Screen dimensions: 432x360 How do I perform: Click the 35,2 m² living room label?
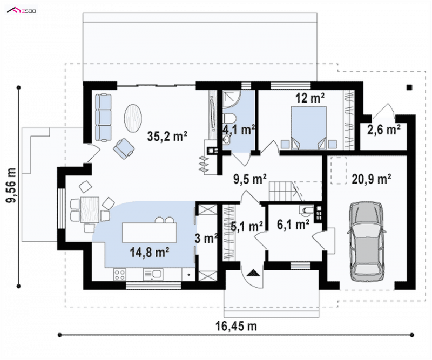pyautogui.click(x=167, y=136)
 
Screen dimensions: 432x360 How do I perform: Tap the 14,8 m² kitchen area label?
pyautogui.click(x=150, y=252)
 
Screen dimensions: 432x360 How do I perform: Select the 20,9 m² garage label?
pyautogui.click(x=372, y=179)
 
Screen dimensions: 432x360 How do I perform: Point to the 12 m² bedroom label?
pyautogui.click(x=310, y=98)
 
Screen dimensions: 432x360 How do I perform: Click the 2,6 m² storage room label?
pyautogui.click(x=384, y=129)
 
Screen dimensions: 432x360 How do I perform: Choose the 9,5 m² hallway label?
pyautogui.click(x=250, y=179)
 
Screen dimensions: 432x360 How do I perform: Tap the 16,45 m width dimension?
pyautogui.click(x=236, y=326)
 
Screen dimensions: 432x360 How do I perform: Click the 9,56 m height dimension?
pyautogui.click(x=11, y=186)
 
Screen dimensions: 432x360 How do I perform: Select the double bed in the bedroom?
pyautogui.click(x=308, y=128)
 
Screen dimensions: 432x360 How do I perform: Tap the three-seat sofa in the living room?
pyautogui.click(x=104, y=118)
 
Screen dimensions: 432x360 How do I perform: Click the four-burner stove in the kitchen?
pyautogui.click(x=120, y=275)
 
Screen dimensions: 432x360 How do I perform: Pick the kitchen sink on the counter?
pyautogui.click(x=153, y=275)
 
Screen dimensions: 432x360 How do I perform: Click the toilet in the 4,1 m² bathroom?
pyautogui.click(x=230, y=119)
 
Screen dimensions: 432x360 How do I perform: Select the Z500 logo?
pyautogui.click(x=22, y=11)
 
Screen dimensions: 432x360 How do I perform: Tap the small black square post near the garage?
pyautogui.click(x=409, y=87)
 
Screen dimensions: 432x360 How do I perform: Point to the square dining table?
pyautogui.click(x=90, y=209)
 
